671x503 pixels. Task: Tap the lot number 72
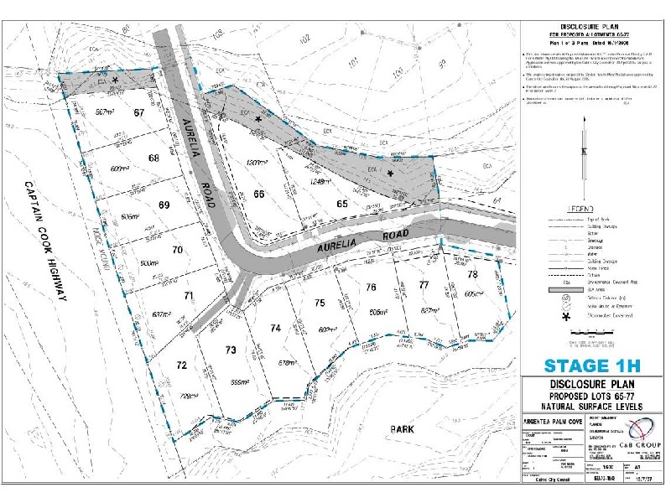[181, 366]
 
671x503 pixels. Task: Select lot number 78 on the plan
[472, 275]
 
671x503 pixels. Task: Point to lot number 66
[259, 194]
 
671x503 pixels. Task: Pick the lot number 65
[341, 204]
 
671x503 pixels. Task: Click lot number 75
[320, 303]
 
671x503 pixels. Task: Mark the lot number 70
[177, 250]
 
